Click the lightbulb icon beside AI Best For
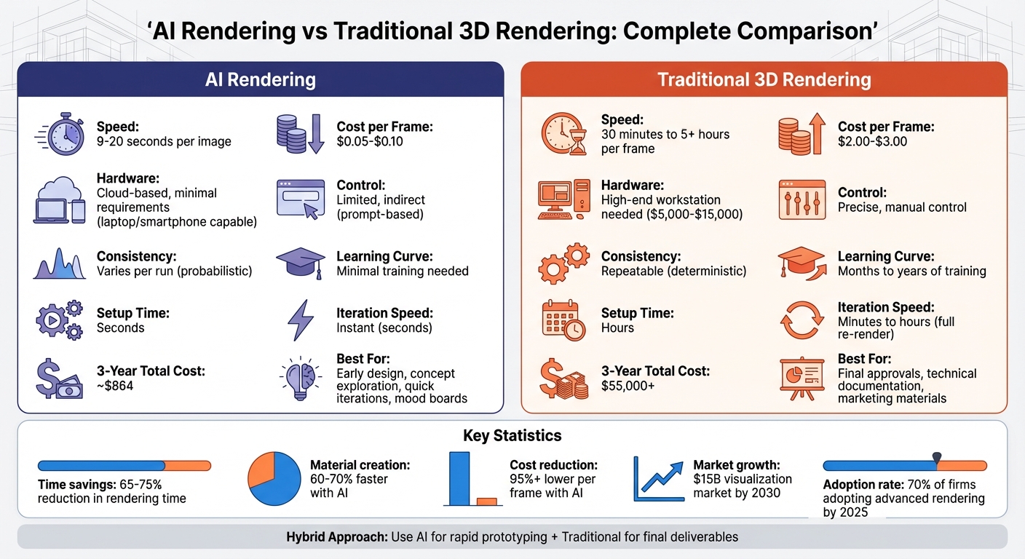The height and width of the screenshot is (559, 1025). (300, 378)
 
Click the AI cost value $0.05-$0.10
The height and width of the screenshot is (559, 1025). (370, 141)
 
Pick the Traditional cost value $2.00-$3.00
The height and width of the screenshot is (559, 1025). (873, 141)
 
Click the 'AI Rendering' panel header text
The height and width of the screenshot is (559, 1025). (261, 79)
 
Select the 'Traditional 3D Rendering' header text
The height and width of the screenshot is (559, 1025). (764, 79)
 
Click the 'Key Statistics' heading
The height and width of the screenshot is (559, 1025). (512, 436)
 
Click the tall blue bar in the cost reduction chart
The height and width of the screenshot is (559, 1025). (460, 478)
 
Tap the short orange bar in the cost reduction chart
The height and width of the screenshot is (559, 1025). (486, 501)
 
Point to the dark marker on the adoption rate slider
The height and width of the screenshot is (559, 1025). (937, 459)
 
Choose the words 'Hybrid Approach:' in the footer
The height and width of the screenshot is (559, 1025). (336, 537)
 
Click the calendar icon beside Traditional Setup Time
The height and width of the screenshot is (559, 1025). (563, 320)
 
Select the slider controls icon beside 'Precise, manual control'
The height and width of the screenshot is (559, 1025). (802, 199)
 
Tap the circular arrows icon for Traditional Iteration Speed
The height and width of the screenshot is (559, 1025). (802, 321)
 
